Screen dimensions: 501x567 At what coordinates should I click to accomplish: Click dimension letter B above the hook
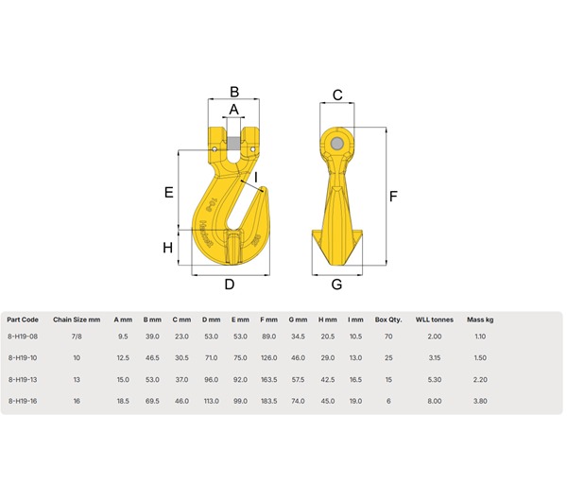point(236,92)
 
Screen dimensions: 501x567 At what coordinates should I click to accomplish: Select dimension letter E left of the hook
point(168,192)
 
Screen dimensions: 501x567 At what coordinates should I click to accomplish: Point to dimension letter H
point(168,248)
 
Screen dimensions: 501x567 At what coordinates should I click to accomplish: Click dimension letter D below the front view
point(229,285)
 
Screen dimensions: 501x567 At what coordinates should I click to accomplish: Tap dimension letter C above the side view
point(336,94)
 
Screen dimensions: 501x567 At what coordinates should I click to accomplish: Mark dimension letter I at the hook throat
point(254,177)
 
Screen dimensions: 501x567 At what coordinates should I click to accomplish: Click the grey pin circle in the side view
point(337,142)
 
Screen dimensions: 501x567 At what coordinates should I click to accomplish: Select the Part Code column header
point(23,319)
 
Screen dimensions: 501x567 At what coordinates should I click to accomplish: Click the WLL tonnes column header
point(435,319)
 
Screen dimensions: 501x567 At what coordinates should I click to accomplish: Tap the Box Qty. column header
point(388,319)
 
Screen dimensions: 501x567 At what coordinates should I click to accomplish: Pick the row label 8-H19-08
point(23,337)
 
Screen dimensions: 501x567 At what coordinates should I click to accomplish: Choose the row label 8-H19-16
point(23,401)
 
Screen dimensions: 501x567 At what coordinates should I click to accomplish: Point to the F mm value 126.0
point(268,358)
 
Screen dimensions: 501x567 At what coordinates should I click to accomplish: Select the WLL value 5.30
point(435,379)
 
